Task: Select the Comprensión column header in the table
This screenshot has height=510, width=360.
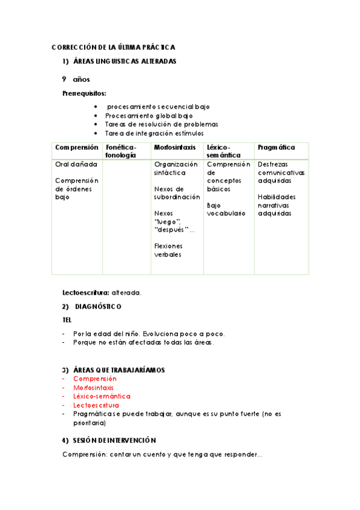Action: click(x=76, y=147)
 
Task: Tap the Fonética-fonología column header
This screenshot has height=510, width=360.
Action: click(x=121, y=151)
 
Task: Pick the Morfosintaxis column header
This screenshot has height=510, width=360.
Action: click(x=174, y=147)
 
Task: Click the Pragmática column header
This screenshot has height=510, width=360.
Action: click(x=276, y=147)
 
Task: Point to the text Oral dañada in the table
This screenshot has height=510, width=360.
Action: click(x=73, y=164)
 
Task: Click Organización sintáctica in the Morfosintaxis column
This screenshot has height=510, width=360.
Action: click(x=175, y=168)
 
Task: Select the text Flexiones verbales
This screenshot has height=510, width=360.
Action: click(x=168, y=250)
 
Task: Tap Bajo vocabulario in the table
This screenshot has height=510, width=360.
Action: click(x=226, y=209)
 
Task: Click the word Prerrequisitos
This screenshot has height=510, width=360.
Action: click(x=85, y=93)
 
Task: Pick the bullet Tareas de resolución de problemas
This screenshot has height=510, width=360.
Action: click(x=161, y=124)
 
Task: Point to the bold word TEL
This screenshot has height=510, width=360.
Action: click(x=67, y=320)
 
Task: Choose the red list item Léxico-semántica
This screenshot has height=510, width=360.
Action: click(x=101, y=396)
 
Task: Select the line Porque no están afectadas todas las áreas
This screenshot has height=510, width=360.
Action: click(x=143, y=342)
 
